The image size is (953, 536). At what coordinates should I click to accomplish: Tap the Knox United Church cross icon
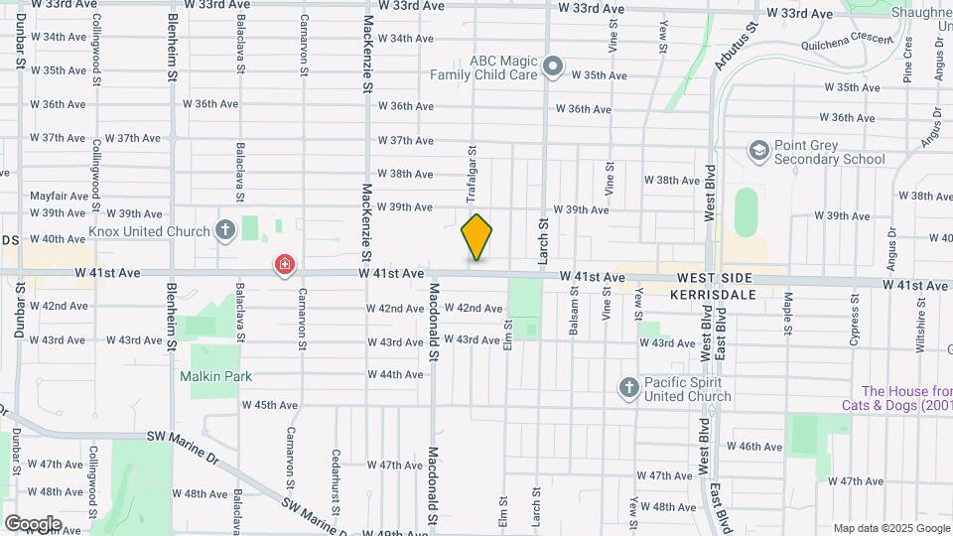225,231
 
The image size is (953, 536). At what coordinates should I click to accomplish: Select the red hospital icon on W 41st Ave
285,265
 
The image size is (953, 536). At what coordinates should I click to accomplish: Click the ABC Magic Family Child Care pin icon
553,67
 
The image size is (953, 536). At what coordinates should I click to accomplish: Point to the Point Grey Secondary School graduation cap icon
759,151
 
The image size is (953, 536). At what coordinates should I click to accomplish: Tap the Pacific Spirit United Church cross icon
628,388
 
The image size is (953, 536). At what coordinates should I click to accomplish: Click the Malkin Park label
215,376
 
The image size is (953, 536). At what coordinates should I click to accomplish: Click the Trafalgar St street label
473,174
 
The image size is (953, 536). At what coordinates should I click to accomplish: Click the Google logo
33,523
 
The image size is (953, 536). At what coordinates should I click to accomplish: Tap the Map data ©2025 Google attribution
890,528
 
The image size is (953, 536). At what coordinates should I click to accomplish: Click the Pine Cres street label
907,60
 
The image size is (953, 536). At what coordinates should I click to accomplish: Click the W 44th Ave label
394,374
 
